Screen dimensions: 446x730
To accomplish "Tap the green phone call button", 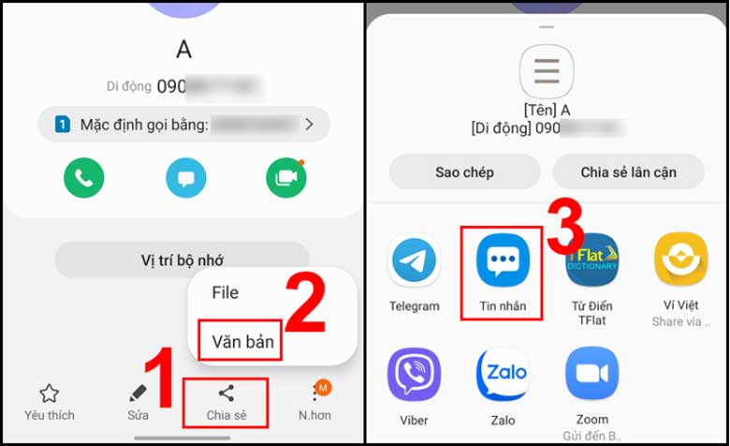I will pyautogui.click(x=83, y=177).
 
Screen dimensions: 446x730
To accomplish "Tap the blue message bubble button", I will pyautogui.click(x=185, y=177).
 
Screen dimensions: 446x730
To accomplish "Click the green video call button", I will pyautogui.click(x=285, y=177).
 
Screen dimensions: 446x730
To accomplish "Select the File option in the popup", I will pyautogui.click(x=226, y=292).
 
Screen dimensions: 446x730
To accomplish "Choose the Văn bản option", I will pyautogui.click(x=242, y=342).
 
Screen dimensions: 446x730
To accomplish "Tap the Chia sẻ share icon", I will pyautogui.click(x=226, y=394).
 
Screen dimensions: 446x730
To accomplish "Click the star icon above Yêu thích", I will pyautogui.click(x=49, y=394).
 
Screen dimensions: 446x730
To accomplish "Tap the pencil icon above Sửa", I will pyautogui.click(x=139, y=394).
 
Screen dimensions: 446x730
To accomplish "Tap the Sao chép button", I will pyautogui.click(x=464, y=172).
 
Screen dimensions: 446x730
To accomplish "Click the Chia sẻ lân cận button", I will pyautogui.click(x=628, y=172).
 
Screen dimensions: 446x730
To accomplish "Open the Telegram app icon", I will pyautogui.click(x=415, y=260).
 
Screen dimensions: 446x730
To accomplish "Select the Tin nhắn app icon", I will pyautogui.click(x=502, y=260).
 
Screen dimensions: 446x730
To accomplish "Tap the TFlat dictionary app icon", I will pyautogui.click(x=591, y=260).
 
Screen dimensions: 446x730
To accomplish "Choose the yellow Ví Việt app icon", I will pyautogui.click(x=680, y=260).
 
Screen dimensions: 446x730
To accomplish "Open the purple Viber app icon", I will pyautogui.click(x=415, y=374).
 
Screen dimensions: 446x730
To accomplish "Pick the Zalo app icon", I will pyautogui.click(x=502, y=374).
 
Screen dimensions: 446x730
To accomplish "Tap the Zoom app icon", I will pyautogui.click(x=591, y=374).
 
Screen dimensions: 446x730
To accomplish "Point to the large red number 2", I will pyautogui.click(x=306, y=303).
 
